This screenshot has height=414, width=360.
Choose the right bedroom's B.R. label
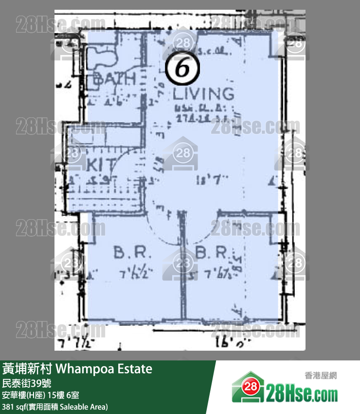point(212,252)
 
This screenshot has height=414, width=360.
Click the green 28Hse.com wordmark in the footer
point(302,393)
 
